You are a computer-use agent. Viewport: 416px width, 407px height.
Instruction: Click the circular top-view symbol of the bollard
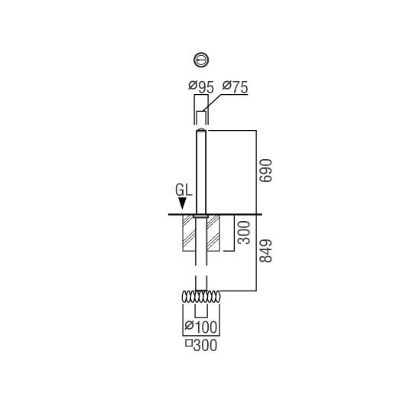pos(201,60)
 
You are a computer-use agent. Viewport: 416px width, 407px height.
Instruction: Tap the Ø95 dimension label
pos(201,87)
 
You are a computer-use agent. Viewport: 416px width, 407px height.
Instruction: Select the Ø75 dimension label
pos(235,87)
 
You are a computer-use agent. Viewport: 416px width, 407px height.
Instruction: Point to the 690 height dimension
pos(266,171)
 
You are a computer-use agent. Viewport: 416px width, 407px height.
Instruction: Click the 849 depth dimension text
pos(266,251)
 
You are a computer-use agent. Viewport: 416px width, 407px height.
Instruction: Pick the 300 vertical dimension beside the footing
pos(244,233)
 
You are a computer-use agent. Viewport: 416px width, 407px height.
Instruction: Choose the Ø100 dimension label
pos(201,327)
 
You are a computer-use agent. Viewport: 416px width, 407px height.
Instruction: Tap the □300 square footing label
pos(201,345)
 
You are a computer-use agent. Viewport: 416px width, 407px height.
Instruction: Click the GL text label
pos(184,190)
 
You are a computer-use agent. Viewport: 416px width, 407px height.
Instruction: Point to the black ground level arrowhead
pos(182,203)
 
